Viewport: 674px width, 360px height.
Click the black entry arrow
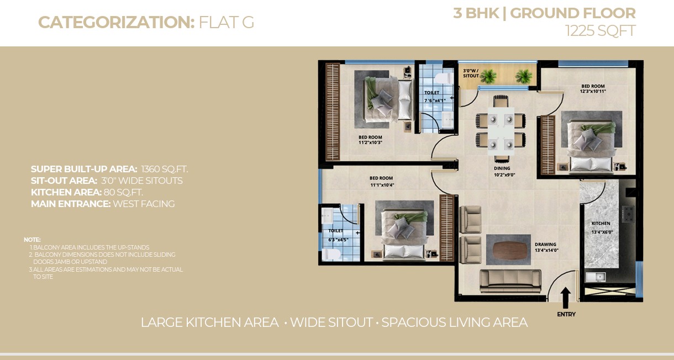[x=566, y=298]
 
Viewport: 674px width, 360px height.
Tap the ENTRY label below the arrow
[x=566, y=314]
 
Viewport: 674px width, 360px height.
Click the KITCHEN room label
[x=601, y=224]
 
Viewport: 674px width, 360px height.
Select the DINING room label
[x=502, y=168]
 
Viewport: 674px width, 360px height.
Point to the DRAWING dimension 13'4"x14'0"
[x=546, y=250]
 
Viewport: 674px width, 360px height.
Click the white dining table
[x=501, y=131]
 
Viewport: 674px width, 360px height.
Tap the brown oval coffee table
[x=508, y=250]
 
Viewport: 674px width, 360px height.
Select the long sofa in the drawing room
[x=510, y=281]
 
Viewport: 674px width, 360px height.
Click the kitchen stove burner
[x=628, y=214]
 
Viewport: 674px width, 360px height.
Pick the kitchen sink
[x=596, y=277]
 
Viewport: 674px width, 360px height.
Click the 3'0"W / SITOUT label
[x=471, y=73]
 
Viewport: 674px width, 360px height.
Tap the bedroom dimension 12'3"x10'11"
[x=593, y=92]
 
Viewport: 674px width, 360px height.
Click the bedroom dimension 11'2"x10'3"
[x=370, y=142]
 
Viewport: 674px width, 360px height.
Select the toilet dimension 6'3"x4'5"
[x=338, y=240]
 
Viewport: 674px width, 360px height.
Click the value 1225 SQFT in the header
[x=600, y=31]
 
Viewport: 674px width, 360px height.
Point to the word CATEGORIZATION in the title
[x=117, y=22]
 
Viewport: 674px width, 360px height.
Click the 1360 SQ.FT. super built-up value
[x=165, y=169]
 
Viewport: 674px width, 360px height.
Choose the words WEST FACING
[x=144, y=204]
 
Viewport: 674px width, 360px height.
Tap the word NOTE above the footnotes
[x=32, y=240]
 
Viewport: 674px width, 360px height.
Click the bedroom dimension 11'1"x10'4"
[x=382, y=185]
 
